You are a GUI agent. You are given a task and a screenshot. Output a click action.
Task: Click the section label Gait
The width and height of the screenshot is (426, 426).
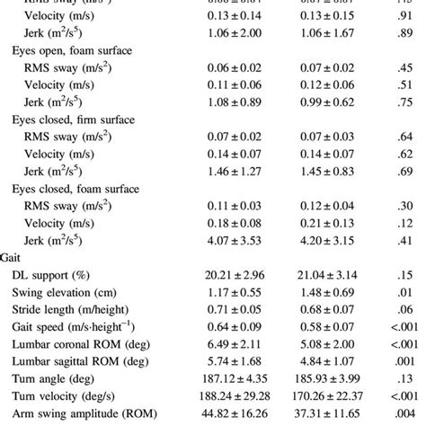pyautogui.click(x=16, y=256)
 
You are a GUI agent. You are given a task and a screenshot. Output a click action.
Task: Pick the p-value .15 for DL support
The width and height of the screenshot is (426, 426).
pyautogui.click(x=395, y=273)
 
